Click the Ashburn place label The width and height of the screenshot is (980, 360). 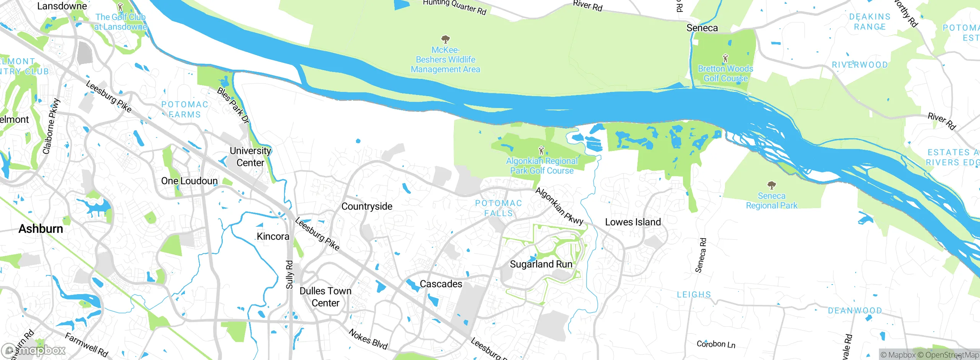pyautogui.click(x=41, y=229)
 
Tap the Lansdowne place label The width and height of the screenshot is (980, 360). pyautogui.click(x=62, y=6)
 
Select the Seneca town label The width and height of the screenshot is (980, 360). pyautogui.click(x=702, y=28)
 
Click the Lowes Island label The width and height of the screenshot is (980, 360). pyautogui.click(x=633, y=222)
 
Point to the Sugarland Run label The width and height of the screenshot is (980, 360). pyautogui.click(x=541, y=264)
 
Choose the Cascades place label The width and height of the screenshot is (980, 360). pyautogui.click(x=441, y=284)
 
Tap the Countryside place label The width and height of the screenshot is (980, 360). pyautogui.click(x=367, y=206)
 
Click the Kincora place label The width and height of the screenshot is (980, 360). pyautogui.click(x=273, y=236)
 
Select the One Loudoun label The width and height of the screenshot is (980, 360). pyautogui.click(x=189, y=181)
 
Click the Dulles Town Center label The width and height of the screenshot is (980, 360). pyautogui.click(x=325, y=297)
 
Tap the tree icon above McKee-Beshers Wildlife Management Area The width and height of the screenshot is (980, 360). pyautogui.click(x=445, y=39)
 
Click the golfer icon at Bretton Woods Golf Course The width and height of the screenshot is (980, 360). pyautogui.click(x=725, y=59)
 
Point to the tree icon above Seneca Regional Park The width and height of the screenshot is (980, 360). pyautogui.click(x=771, y=185)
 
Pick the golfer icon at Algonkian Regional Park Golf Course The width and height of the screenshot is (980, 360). pyautogui.click(x=541, y=151)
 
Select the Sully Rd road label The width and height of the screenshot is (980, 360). pyautogui.click(x=290, y=275)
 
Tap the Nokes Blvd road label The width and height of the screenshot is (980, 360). pyautogui.click(x=368, y=339)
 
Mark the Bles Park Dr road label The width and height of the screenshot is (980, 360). pyautogui.click(x=233, y=105)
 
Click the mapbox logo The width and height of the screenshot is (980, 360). pyautogui.click(x=34, y=350)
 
